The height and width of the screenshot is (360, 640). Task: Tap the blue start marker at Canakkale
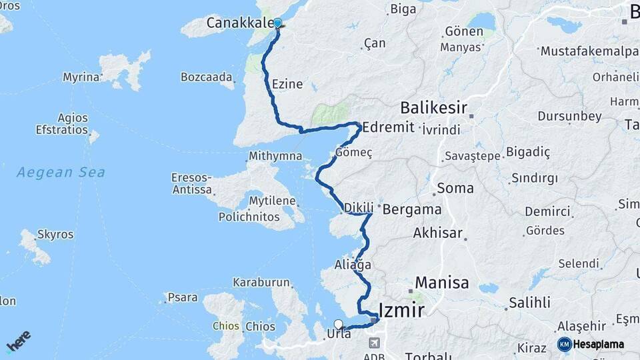point(278,23)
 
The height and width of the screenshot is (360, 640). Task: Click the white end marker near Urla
point(339,325)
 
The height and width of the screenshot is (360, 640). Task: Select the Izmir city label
point(401,309)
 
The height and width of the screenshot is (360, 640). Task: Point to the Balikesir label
point(433,107)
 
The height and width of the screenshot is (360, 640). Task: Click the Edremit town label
point(388,127)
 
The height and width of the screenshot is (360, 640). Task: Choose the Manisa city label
point(442,282)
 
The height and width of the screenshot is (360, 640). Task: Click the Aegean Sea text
point(61,172)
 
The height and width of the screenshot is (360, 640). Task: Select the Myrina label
point(81,77)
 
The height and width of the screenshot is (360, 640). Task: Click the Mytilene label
point(273,201)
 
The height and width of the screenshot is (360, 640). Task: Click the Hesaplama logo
point(591,344)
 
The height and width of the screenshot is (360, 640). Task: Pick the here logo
point(18,341)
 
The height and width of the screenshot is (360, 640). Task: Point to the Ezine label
point(287,85)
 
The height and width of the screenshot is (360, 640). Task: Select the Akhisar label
point(437,233)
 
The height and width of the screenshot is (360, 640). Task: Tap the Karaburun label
point(261,283)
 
